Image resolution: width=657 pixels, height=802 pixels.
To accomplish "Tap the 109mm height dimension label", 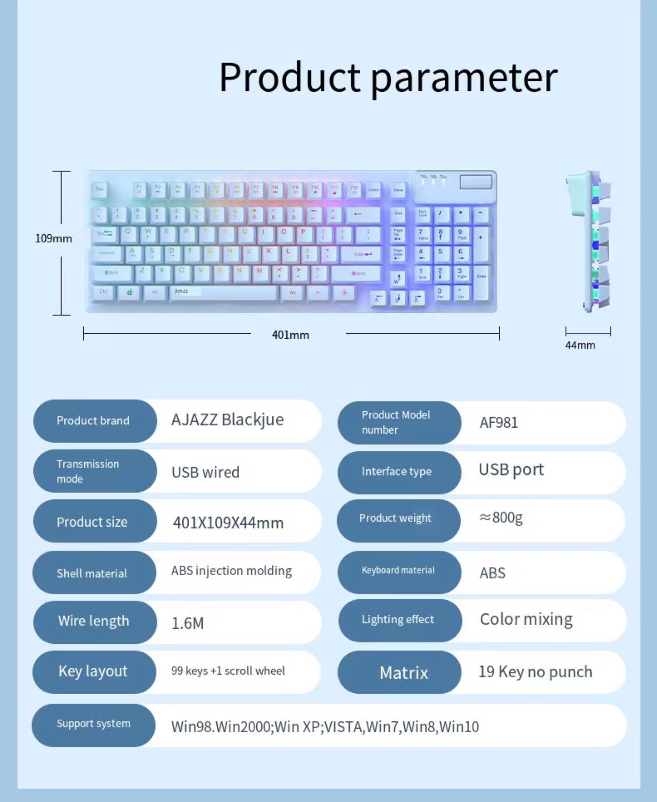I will click(x=53, y=239).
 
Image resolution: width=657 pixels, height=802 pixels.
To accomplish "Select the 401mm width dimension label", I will click(x=290, y=335).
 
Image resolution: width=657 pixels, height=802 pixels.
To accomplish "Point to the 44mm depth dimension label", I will click(x=580, y=346).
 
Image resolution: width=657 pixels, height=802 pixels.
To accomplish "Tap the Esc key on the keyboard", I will click(x=100, y=190).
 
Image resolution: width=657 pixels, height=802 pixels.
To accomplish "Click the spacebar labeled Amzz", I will click(x=223, y=293).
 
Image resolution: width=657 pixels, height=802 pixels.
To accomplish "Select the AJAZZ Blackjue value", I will click(x=227, y=420).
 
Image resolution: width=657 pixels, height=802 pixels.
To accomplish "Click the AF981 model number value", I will click(x=498, y=423).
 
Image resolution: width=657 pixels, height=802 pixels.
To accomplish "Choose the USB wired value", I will click(x=205, y=472).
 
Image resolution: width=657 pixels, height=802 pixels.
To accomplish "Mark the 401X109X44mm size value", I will click(x=228, y=523).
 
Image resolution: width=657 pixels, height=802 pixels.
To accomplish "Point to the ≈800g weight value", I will click(x=500, y=518).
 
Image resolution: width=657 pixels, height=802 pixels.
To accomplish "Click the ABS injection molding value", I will click(x=231, y=571).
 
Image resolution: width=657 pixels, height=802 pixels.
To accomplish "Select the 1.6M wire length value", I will click(x=187, y=623).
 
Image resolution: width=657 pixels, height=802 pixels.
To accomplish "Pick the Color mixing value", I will click(x=526, y=620).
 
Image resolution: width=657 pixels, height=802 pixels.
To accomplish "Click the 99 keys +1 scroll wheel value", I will click(x=228, y=671).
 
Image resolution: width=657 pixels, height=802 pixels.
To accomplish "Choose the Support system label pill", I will click(x=93, y=724).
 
